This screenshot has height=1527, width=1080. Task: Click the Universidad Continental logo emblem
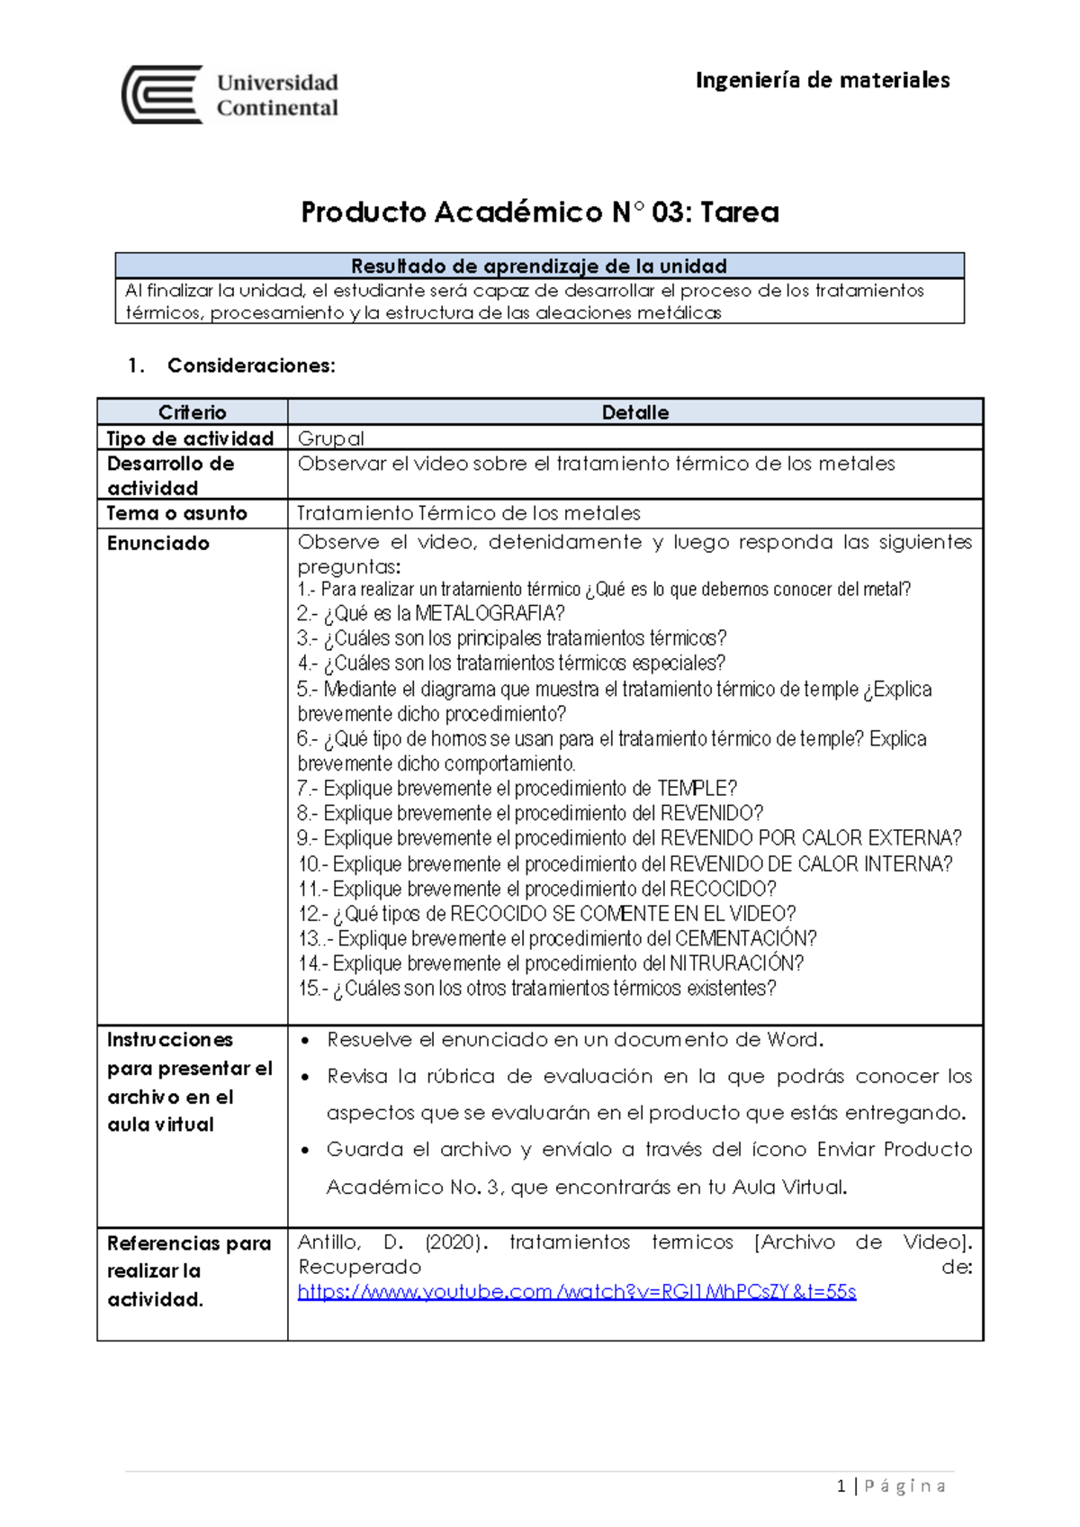pyautogui.click(x=163, y=95)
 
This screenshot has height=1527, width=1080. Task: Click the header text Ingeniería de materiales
pyautogui.click(x=822, y=80)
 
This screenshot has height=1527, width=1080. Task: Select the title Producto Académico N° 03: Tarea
pyautogui.click(x=539, y=212)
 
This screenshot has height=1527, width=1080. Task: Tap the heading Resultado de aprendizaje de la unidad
pyautogui.click(x=539, y=267)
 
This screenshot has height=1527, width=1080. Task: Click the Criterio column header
pyautogui.click(x=192, y=412)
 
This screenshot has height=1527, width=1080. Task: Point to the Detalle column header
pyautogui.click(x=634, y=412)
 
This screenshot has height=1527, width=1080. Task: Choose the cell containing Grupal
pyautogui.click(x=331, y=438)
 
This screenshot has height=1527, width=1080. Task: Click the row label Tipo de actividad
pyautogui.click(x=190, y=438)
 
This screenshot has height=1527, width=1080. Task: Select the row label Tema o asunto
pyautogui.click(x=176, y=513)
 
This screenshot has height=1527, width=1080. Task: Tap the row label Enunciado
pyautogui.click(x=158, y=543)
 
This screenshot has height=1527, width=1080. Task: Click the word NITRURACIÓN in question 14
pyautogui.click(x=733, y=963)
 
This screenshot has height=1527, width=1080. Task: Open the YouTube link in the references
pyautogui.click(x=576, y=1292)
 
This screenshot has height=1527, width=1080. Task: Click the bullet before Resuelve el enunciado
pyautogui.click(x=306, y=1041)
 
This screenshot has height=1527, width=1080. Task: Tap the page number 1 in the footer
pyautogui.click(x=841, y=1486)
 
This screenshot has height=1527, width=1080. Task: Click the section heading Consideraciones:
pyautogui.click(x=251, y=366)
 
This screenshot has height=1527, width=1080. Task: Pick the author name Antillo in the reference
pyautogui.click(x=328, y=1242)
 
